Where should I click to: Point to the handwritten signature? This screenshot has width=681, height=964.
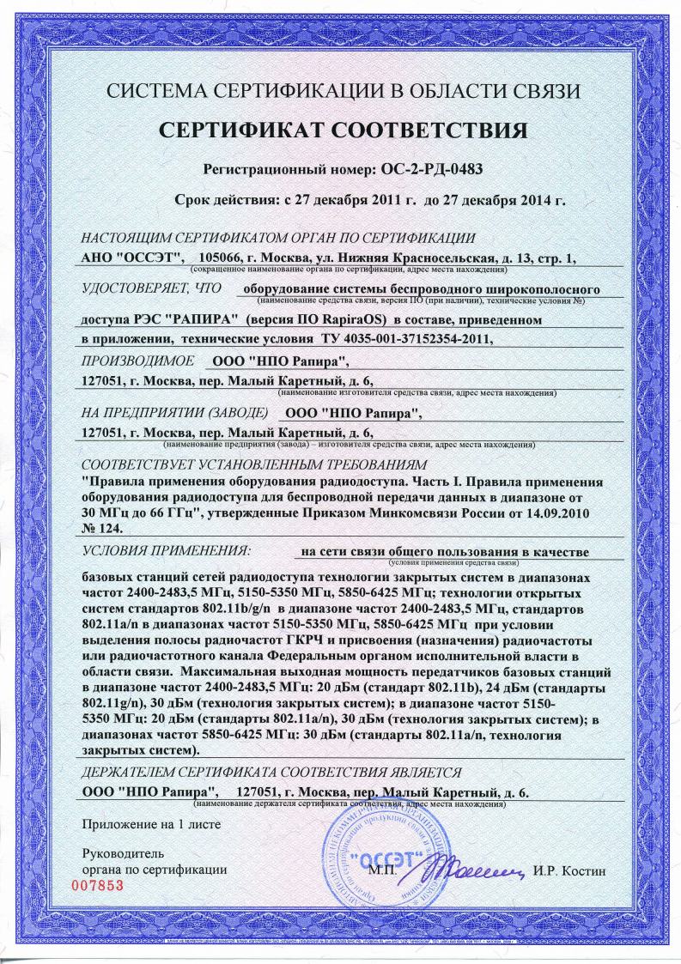pyautogui.click(x=477, y=869)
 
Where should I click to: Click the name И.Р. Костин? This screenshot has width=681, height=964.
pyautogui.click(x=569, y=870)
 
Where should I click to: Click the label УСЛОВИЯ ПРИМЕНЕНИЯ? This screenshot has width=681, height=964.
pyautogui.click(x=165, y=546)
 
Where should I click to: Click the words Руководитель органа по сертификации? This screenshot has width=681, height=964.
pyautogui.click(x=153, y=863)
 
